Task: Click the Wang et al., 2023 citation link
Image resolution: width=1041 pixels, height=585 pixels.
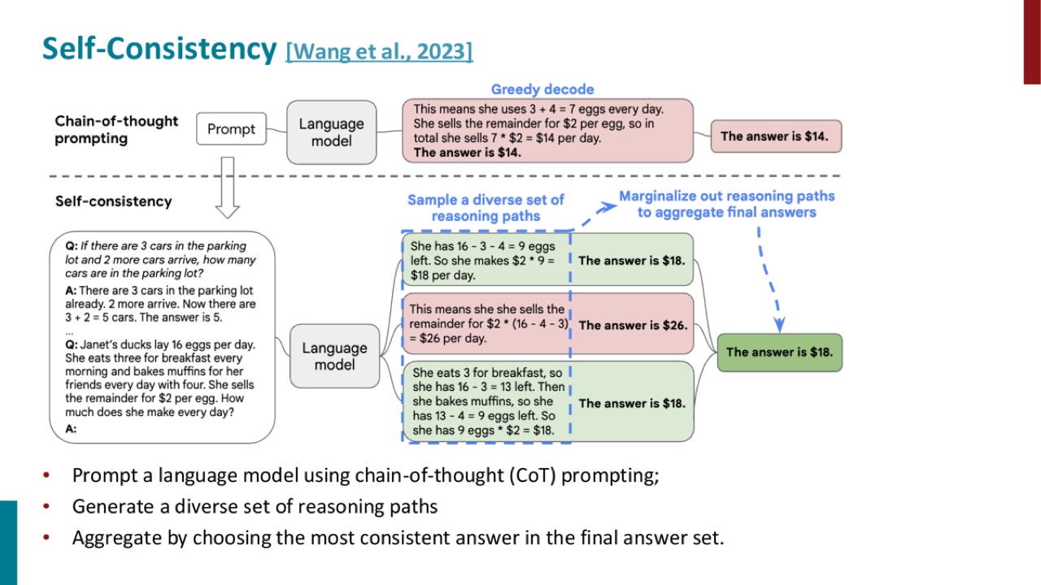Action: tap(379, 51)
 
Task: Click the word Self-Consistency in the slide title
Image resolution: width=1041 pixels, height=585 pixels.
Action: tap(159, 49)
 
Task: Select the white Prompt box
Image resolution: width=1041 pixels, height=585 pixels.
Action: tap(232, 128)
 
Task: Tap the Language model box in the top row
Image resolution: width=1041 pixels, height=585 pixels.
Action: tap(331, 132)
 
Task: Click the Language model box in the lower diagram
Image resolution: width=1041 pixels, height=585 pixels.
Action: tap(334, 356)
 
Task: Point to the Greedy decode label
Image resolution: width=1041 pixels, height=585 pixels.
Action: tap(542, 89)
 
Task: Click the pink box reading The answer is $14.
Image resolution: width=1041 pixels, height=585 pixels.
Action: tap(776, 136)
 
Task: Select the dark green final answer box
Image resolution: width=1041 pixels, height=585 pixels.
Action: tap(780, 353)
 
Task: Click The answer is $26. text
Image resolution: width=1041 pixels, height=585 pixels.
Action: tap(633, 325)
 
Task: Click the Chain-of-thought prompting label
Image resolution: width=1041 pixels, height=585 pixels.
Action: tap(116, 129)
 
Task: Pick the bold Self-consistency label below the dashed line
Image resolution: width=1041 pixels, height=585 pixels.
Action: tap(113, 201)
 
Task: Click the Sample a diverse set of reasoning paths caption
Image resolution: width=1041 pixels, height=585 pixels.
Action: tap(486, 207)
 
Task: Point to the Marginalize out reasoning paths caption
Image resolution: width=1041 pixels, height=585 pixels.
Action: tap(727, 204)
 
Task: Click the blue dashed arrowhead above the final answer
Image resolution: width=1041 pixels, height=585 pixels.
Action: tap(779, 325)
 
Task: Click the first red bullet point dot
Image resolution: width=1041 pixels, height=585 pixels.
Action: tap(46, 474)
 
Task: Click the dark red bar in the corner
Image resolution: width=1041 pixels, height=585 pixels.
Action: tap(1032, 41)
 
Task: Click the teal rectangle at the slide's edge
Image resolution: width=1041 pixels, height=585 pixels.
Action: tap(8, 543)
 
